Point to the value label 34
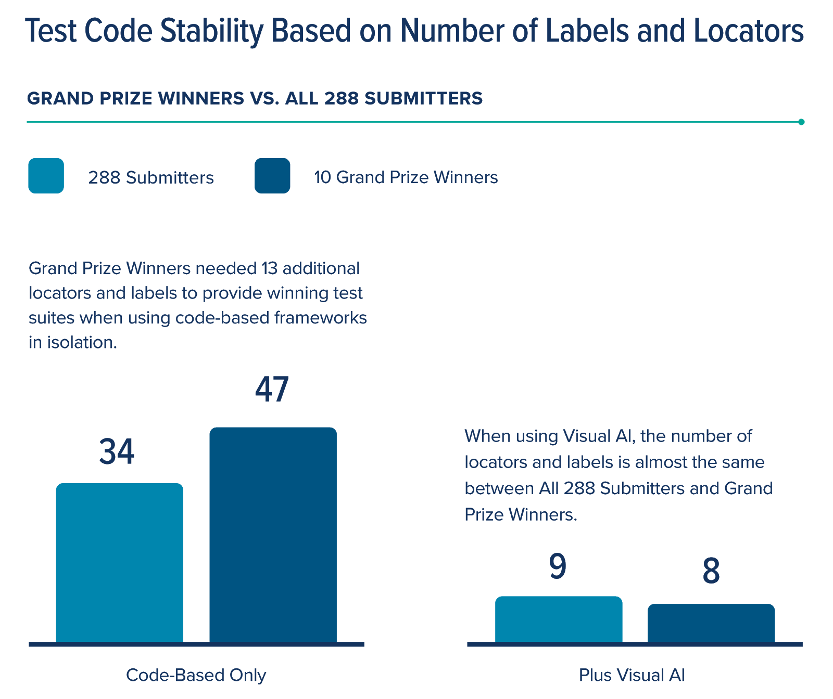[x=117, y=451]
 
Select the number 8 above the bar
[x=711, y=571]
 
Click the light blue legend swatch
[x=46, y=176]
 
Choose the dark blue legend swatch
[x=272, y=176]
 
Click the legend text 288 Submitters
[x=151, y=178]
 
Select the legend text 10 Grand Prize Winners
[x=406, y=177]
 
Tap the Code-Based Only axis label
[x=196, y=675]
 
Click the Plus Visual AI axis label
[x=632, y=675]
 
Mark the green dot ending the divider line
[x=801, y=122]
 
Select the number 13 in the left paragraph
[x=270, y=268]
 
